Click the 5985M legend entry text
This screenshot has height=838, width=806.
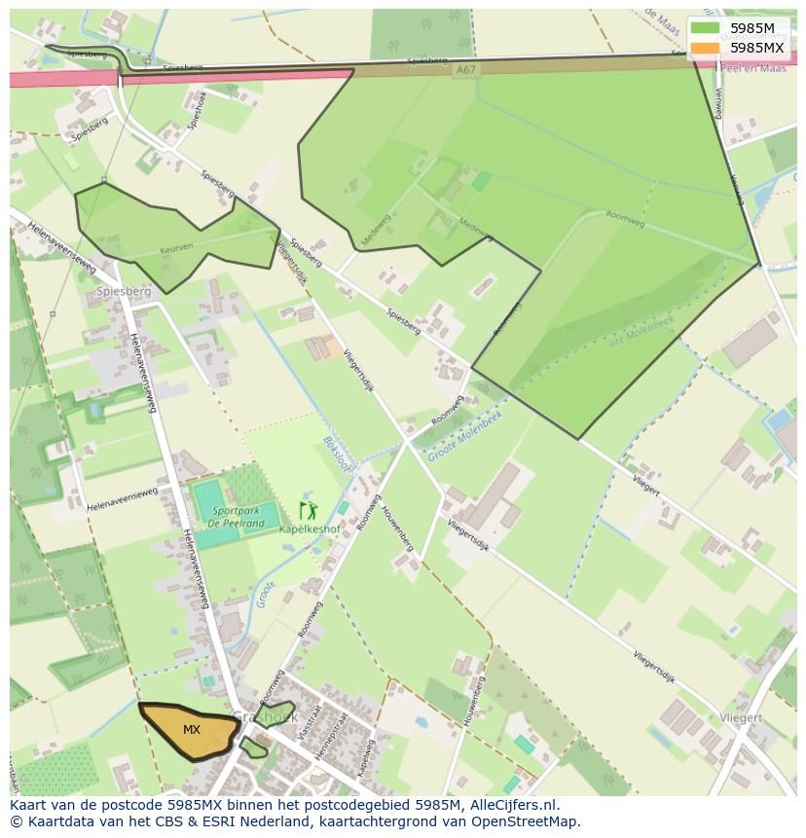tap(752, 28)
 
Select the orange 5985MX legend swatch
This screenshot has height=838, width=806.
tap(706, 47)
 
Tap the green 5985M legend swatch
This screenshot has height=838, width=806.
tap(706, 28)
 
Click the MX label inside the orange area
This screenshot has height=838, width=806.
tap(192, 730)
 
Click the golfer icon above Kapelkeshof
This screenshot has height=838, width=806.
tap(308, 510)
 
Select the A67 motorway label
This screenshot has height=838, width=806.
tap(465, 69)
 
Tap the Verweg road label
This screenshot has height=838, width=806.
tap(718, 101)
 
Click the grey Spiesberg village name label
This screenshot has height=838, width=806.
tap(124, 291)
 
